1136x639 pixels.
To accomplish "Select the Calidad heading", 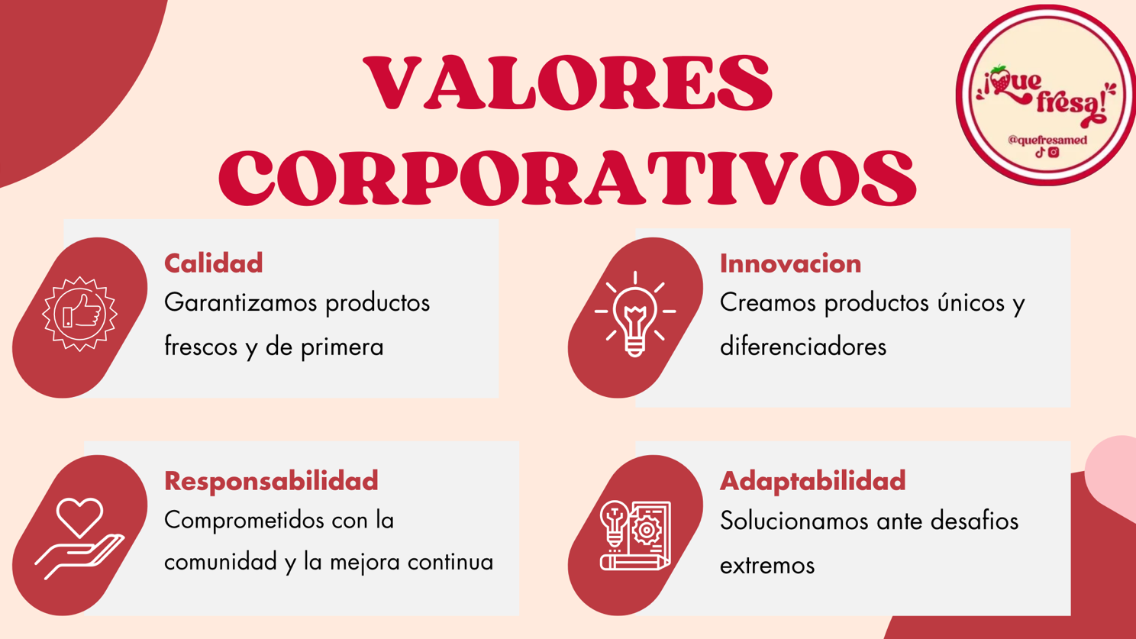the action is pos(214,263).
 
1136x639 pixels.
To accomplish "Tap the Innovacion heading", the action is pos(791,263).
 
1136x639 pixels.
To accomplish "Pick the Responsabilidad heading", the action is pos(271,481).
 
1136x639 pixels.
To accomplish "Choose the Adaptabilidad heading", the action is pos(813,481).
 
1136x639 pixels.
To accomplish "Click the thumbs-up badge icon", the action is pos(79,314).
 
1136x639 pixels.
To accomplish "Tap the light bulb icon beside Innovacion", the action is pos(635,315).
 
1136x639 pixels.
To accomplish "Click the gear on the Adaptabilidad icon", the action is pos(647,531).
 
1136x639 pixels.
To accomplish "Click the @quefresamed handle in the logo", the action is pos(1047,140).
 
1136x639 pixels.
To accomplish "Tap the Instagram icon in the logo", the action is pos(1054,152).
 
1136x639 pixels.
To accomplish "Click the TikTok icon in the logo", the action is pos(1040,152).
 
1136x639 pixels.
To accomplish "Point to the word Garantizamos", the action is pos(240,303).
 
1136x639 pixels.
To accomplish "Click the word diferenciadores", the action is pos(803,347).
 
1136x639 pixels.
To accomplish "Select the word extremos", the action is pos(766,566).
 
